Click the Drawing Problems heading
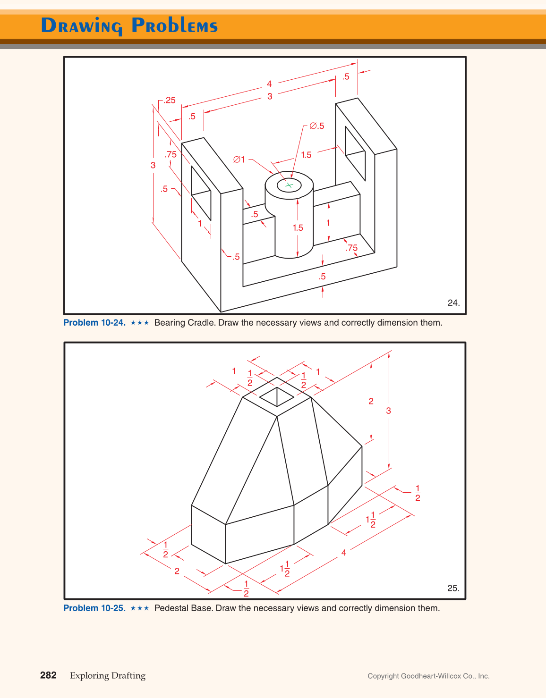(x=129, y=25)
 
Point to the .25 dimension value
(x=170, y=100)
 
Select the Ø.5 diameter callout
(x=317, y=126)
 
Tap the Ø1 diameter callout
(x=239, y=160)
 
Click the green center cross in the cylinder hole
(x=289, y=185)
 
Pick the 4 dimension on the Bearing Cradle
(x=269, y=84)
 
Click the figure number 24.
(x=453, y=303)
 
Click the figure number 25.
(x=453, y=588)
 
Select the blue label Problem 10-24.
(x=94, y=323)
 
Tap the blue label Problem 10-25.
(x=94, y=608)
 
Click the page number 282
(x=48, y=675)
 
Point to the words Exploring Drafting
(x=108, y=676)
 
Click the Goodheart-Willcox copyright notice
(x=428, y=676)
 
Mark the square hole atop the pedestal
(x=277, y=396)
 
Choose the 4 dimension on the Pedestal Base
(x=344, y=553)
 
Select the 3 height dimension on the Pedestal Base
(x=389, y=411)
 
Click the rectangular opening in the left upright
(x=201, y=193)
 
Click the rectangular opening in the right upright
(x=355, y=153)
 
